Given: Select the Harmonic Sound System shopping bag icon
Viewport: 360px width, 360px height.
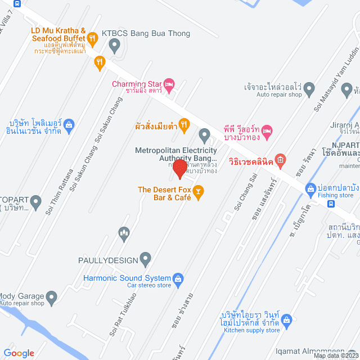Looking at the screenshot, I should (178, 278).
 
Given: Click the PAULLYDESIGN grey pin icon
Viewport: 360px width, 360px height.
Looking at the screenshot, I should (146, 260).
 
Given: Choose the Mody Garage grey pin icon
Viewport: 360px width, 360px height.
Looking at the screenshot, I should (52, 296).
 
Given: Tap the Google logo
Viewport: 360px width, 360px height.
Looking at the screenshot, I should (19, 353).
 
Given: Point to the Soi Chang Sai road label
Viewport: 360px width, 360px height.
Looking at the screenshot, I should (244, 196).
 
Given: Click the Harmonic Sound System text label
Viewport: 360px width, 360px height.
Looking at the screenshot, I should (127, 278).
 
